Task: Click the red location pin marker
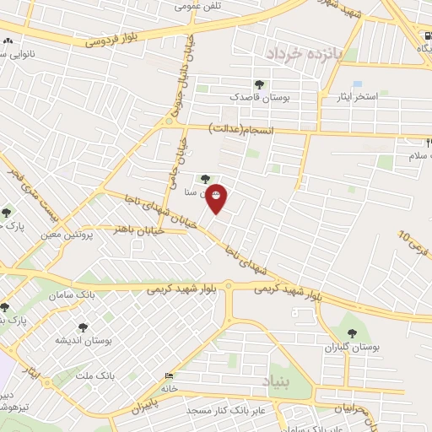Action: click(217, 197)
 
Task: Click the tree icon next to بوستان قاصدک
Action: click(258, 84)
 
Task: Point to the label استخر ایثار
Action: click(355, 97)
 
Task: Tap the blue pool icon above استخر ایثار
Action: click(357, 84)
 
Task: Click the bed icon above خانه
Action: click(170, 376)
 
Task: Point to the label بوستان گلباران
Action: click(353, 347)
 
